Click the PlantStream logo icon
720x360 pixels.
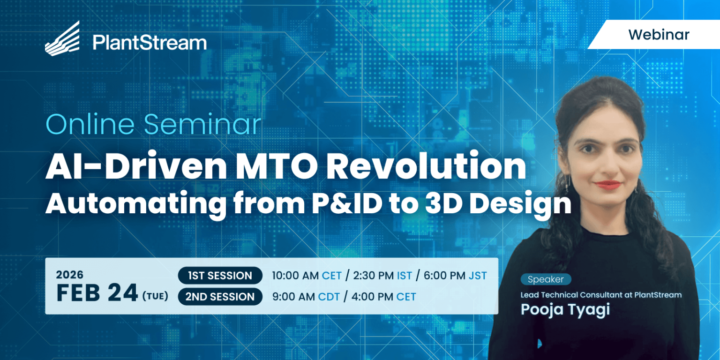(x=62, y=38)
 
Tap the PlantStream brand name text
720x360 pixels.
(x=150, y=43)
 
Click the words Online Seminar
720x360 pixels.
(x=154, y=124)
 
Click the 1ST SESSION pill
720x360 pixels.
(x=220, y=276)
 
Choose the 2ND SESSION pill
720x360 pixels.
(x=220, y=296)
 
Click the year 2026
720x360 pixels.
(x=70, y=275)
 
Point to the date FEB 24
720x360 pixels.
(x=97, y=293)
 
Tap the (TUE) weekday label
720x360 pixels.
(x=155, y=295)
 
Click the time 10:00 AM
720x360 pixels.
(x=295, y=276)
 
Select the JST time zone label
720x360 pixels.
(x=478, y=276)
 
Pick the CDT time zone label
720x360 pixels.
(x=329, y=296)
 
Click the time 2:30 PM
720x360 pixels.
(x=374, y=276)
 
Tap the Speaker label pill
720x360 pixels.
(x=546, y=279)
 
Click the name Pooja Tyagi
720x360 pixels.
(x=565, y=309)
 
